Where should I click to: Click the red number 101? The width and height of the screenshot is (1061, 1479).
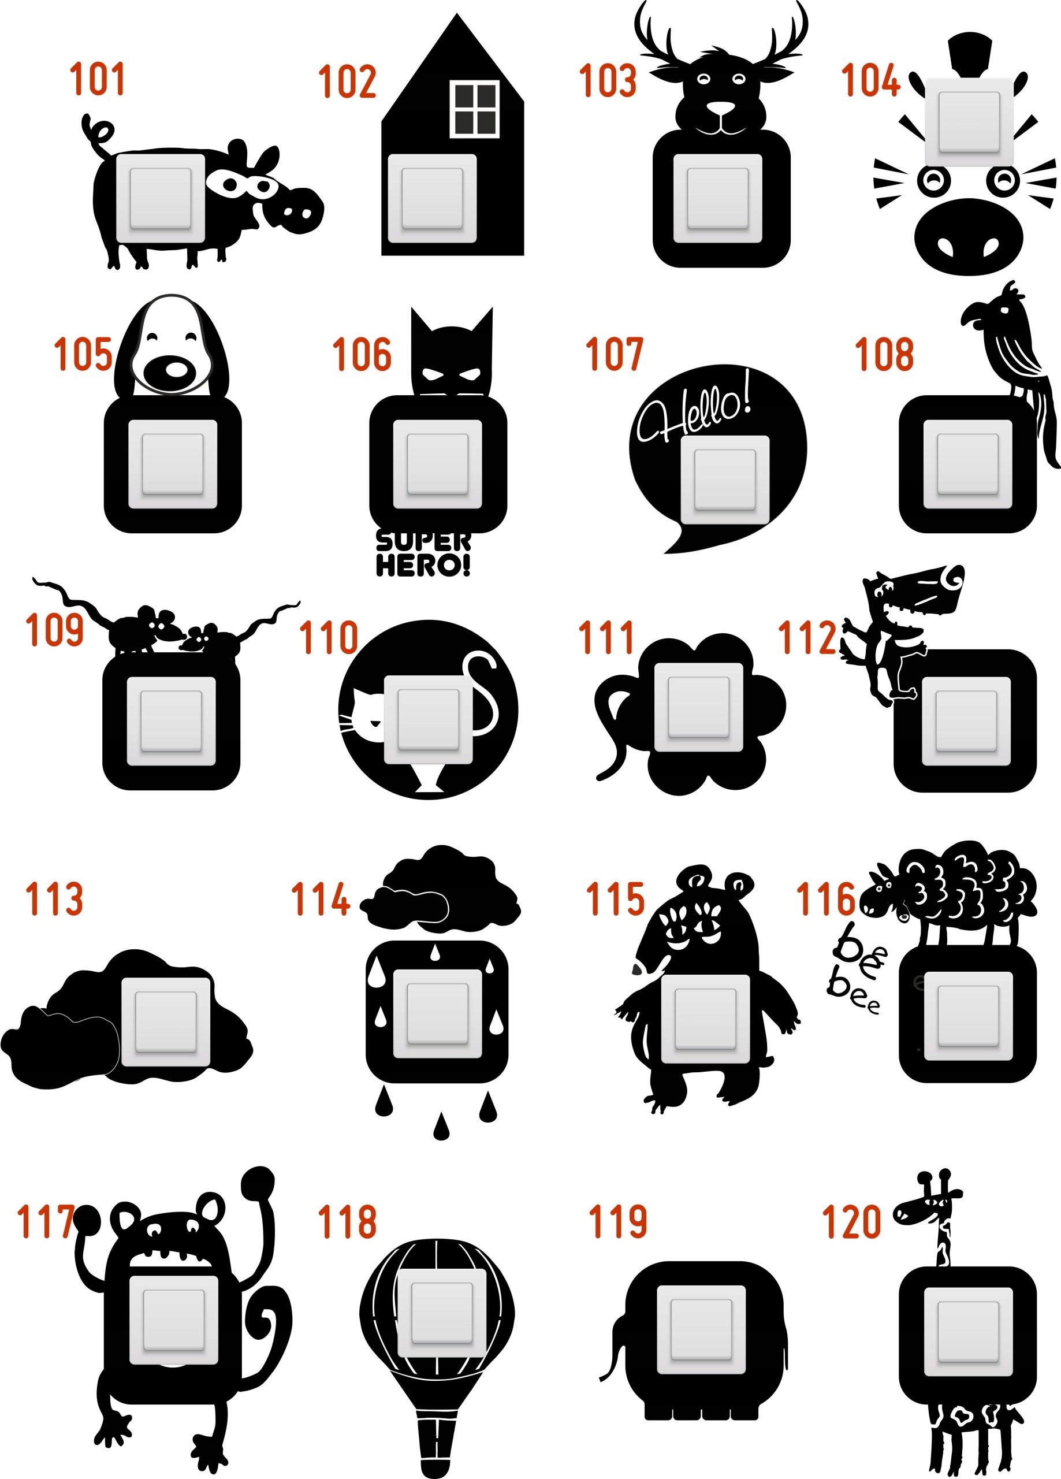point(97,79)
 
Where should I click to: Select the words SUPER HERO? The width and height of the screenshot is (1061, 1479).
point(423,553)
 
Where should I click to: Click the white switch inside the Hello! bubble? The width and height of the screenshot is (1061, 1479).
point(724,480)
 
